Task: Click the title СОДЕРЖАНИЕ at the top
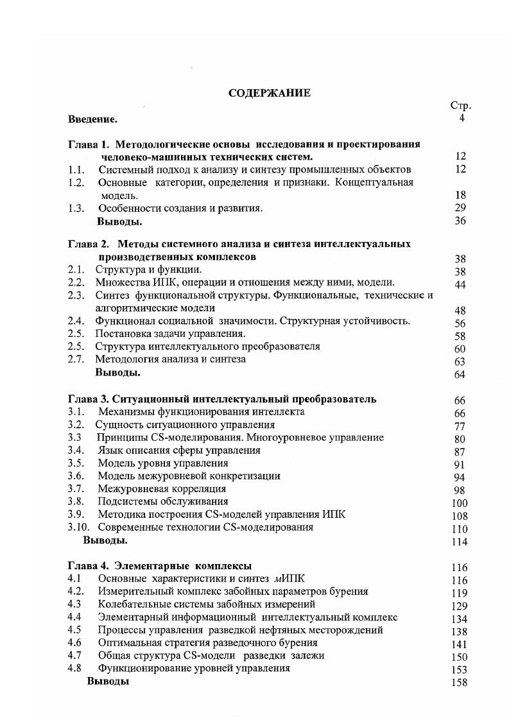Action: (x=270, y=93)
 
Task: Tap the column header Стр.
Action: (x=461, y=107)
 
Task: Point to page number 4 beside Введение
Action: (x=462, y=119)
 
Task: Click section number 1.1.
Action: (x=77, y=169)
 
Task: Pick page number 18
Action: (x=460, y=195)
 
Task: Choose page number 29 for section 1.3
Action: (x=460, y=208)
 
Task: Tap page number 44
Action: (x=460, y=285)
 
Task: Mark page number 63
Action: (x=460, y=362)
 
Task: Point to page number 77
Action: (x=460, y=426)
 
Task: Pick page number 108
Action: (x=460, y=516)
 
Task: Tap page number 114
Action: (x=460, y=542)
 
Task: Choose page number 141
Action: (x=460, y=644)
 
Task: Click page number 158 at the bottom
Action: (x=460, y=683)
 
